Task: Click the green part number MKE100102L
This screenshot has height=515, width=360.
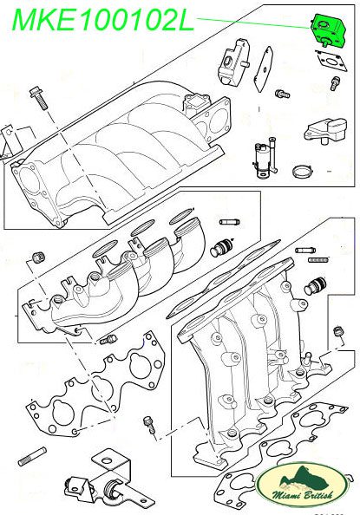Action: [103, 20]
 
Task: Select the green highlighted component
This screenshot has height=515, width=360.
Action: [327, 30]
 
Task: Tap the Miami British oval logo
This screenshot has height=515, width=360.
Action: [301, 484]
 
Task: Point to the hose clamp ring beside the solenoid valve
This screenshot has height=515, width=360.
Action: [303, 171]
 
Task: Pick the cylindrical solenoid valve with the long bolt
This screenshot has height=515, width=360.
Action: [265, 158]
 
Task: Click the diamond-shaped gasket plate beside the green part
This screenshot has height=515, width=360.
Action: [264, 69]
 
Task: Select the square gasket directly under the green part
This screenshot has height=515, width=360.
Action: [331, 61]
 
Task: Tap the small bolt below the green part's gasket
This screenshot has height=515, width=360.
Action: [336, 83]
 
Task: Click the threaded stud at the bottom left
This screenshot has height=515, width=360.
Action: [32, 456]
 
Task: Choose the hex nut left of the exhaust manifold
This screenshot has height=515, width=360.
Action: [39, 257]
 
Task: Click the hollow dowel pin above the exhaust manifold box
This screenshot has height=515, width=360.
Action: [230, 222]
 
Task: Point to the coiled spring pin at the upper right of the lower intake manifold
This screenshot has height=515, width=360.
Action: [317, 260]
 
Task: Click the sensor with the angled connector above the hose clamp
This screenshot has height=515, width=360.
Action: [325, 130]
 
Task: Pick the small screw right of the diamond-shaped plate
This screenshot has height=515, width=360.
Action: [283, 95]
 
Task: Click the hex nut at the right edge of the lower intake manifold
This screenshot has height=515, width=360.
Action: [337, 331]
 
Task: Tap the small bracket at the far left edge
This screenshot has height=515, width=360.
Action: [8, 141]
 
